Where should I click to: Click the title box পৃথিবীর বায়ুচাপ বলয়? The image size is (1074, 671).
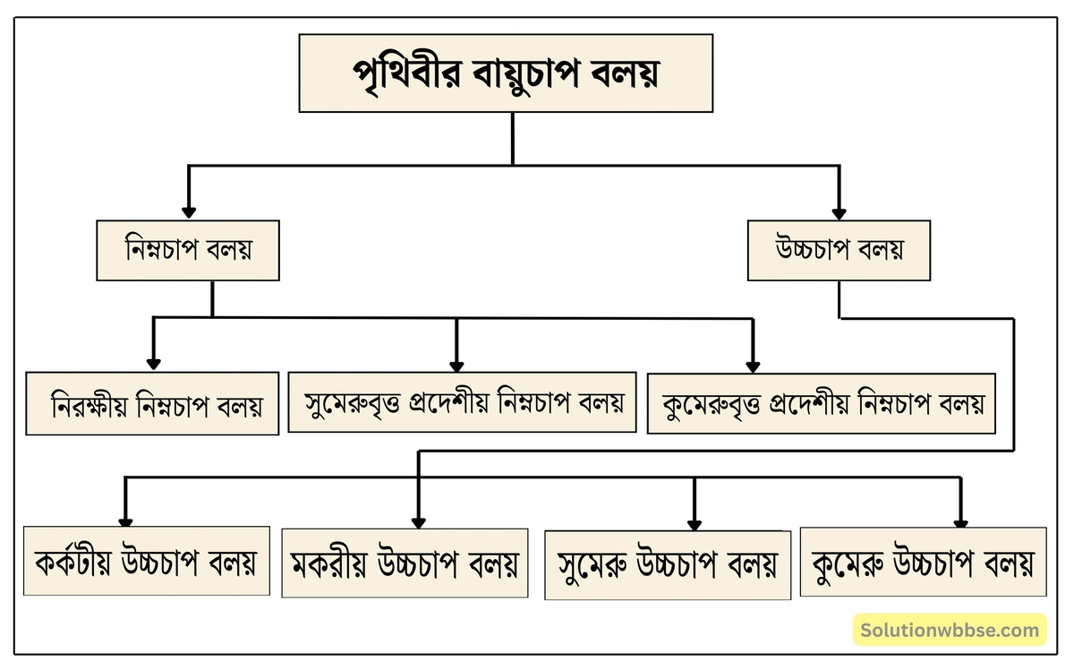click(506, 73)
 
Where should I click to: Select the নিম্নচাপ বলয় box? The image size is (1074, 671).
click(188, 249)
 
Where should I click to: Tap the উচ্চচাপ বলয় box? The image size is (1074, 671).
click(839, 249)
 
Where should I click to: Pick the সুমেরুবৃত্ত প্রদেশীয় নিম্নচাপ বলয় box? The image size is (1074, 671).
click(462, 402)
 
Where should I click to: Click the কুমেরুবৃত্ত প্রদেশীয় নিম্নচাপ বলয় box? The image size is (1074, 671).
click(821, 403)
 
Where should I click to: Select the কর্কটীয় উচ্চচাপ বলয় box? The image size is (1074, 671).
click(147, 562)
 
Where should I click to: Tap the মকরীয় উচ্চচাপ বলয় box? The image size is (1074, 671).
click(404, 563)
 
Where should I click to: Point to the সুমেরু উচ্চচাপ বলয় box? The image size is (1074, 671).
click(668, 564)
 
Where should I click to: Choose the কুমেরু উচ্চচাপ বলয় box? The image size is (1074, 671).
click(923, 563)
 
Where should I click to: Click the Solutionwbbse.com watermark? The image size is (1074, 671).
click(949, 630)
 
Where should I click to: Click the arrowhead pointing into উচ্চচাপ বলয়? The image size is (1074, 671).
click(839, 213)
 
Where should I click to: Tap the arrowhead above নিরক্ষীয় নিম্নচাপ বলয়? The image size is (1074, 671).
click(153, 364)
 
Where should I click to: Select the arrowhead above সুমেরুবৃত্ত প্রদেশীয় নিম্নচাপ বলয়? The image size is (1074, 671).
click(456, 366)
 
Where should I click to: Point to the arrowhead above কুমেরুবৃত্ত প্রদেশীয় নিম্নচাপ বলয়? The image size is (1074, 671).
click(753, 366)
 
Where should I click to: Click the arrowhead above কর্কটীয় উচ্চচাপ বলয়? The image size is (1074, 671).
click(126, 521)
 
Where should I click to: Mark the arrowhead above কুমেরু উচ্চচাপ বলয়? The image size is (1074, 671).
click(960, 522)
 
